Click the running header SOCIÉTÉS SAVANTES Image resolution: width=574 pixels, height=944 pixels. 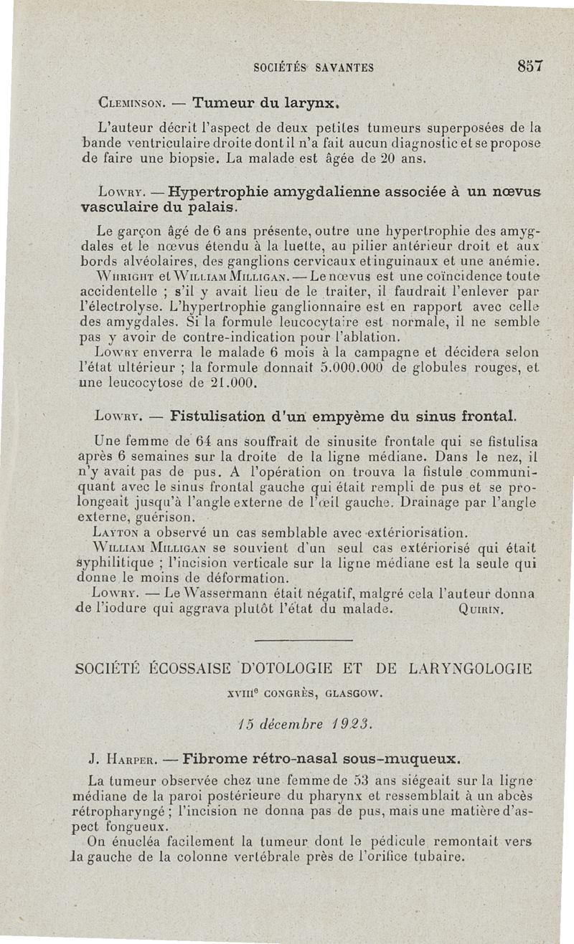314,68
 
